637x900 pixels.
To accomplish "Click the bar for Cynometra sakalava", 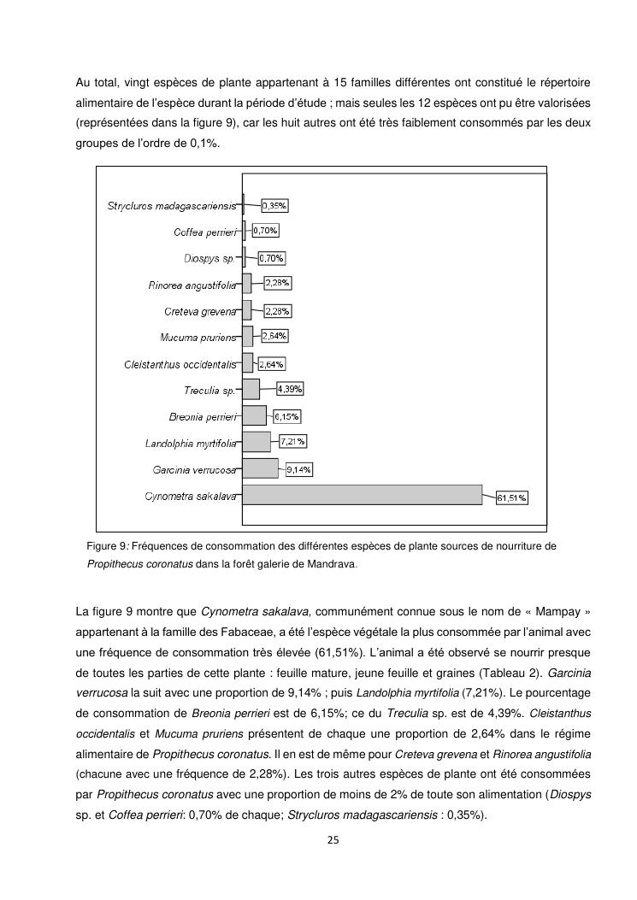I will [x=363, y=495].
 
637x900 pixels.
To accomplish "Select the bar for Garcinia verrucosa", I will [x=260, y=468].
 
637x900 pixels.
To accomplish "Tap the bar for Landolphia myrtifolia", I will [x=256, y=442].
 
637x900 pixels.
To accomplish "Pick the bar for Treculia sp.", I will [x=251, y=390].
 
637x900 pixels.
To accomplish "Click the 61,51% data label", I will [x=512, y=498].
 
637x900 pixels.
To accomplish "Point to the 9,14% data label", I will [x=298, y=469].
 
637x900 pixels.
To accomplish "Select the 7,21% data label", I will [x=292, y=442].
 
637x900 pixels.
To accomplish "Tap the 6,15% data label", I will [x=287, y=416].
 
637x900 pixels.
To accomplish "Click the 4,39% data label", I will [x=289, y=389].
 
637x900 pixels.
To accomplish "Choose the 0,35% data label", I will [x=274, y=205].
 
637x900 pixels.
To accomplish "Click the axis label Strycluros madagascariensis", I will [x=171, y=206].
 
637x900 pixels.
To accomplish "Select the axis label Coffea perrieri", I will [x=204, y=232].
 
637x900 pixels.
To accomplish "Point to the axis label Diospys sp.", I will [x=209, y=258].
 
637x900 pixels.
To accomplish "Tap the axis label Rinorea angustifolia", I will [x=192, y=285].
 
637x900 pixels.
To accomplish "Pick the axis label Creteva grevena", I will [x=200, y=311].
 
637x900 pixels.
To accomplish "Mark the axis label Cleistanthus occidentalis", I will [x=180, y=364].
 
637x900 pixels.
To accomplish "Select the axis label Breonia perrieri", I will [x=203, y=417].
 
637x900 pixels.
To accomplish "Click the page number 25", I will [x=333, y=840].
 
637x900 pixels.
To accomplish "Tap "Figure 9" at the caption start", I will [x=106, y=546].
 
